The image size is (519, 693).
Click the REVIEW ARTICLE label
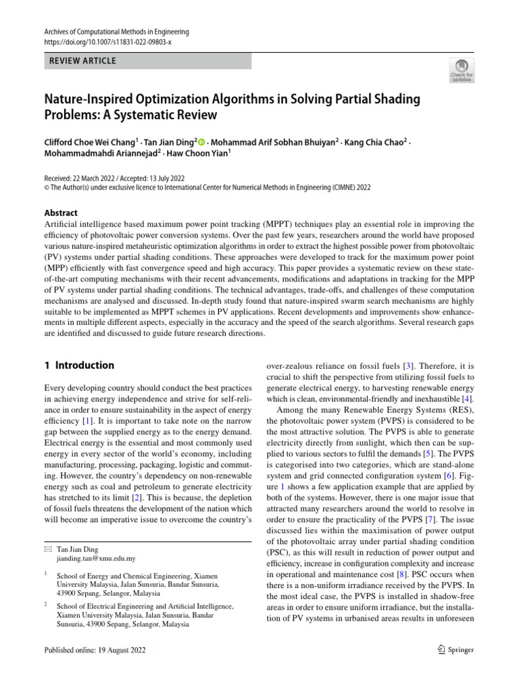coord(81,61)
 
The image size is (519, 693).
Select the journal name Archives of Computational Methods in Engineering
coord(116,32)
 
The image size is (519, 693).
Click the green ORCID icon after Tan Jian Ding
coord(201,142)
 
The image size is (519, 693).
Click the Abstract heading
coord(60,213)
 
